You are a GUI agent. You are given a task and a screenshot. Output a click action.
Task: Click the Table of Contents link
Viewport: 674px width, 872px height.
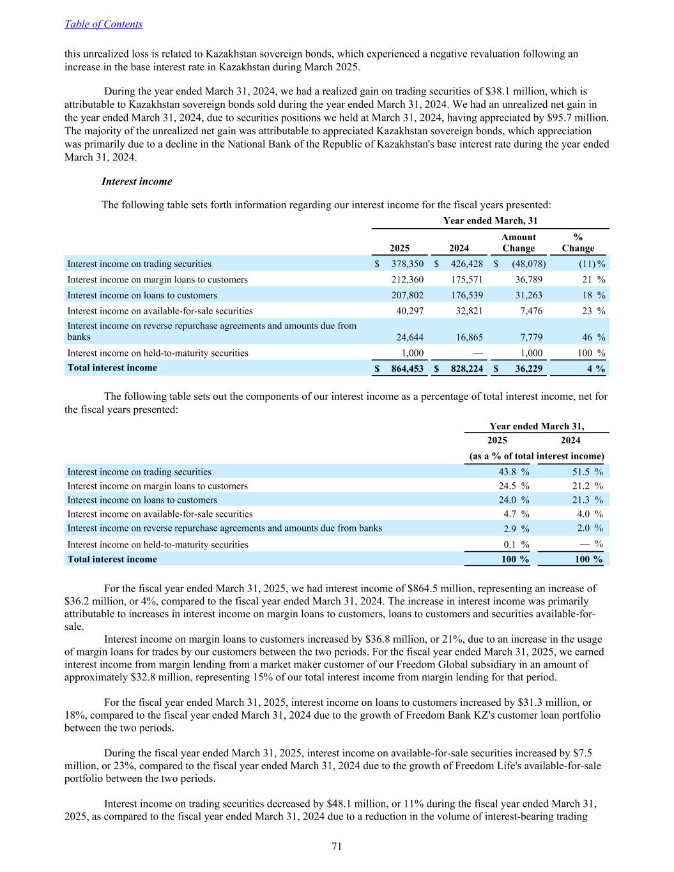tap(103, 24)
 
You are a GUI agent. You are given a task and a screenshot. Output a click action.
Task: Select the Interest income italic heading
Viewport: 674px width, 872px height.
tap(137, 181)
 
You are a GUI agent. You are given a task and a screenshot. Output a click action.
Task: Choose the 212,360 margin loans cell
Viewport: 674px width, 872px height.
tap(407, 280)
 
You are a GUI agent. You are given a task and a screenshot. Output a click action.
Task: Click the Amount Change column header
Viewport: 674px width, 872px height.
tap(518, 243)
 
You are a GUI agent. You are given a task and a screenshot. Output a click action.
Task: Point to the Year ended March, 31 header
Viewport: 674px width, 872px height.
tap(490, 220)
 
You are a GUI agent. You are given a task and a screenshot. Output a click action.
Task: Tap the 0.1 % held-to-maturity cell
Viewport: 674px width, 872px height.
tap(515, 545)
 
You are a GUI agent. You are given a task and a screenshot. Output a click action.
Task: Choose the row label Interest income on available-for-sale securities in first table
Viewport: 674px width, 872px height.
tap(160, 311)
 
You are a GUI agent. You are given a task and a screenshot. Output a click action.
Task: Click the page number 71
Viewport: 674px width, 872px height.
tap(337, 846)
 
